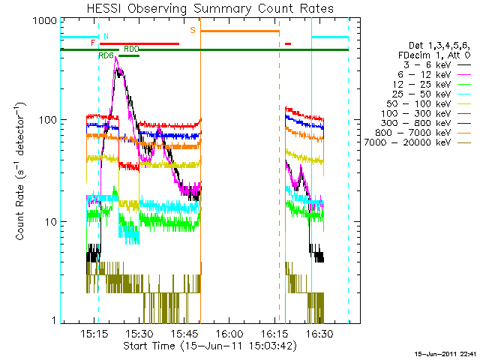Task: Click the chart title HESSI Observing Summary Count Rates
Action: click(x=210, y=8)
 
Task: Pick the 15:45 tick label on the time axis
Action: click(x=184, y=332)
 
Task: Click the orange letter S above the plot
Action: click(x=193, y=30)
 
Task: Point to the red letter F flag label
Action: click(x=93, y=43)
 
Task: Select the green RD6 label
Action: click(x=106, y=55)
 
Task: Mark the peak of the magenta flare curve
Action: click(x=116, y=58)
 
